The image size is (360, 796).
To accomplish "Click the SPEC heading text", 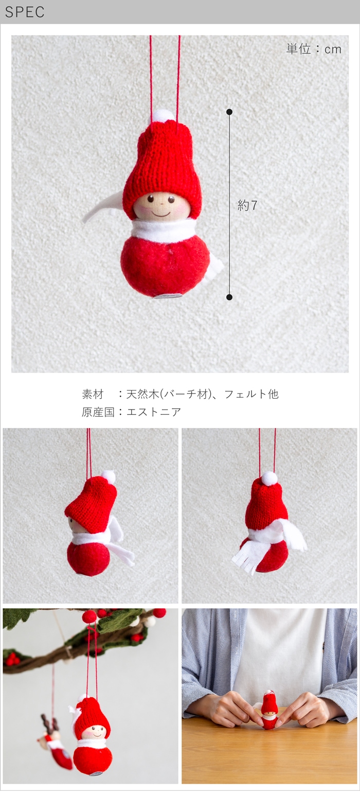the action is pos(25,12).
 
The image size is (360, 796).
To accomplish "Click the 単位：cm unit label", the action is pos(314,49).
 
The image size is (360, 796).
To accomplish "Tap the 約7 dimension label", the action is pos(247,205).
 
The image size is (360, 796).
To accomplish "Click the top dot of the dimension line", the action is pos(229,112).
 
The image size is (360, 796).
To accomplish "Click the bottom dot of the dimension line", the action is pos(229,297).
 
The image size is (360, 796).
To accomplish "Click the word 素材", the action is pos(92,394).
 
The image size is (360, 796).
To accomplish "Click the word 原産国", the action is pos(98,412).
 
